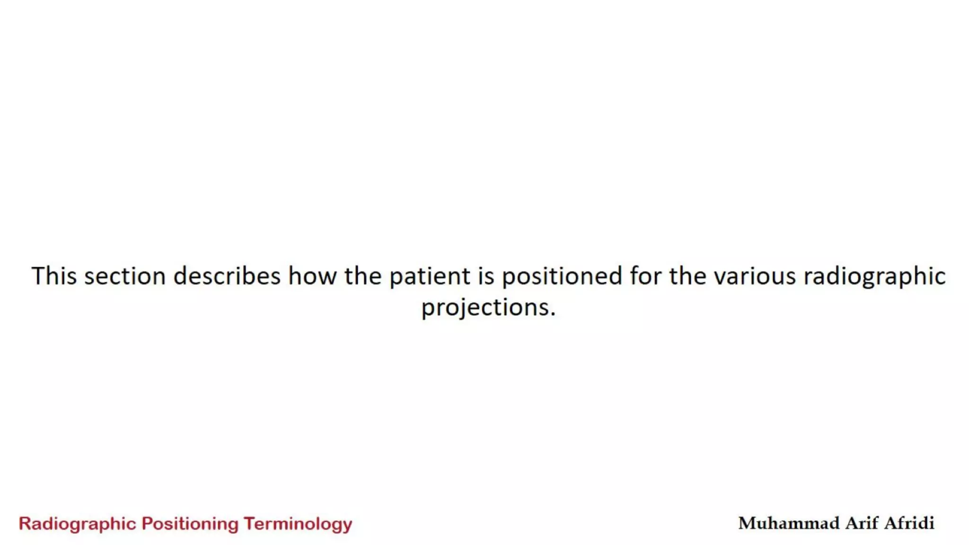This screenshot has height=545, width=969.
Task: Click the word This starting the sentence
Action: [53, 276]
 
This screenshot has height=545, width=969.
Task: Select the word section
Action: [125, 276]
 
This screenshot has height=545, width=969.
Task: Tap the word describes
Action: [227, 276]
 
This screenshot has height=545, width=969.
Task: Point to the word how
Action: [312, 276]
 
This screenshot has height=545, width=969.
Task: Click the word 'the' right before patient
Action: [362, 276]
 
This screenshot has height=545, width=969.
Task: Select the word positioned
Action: [562, 277]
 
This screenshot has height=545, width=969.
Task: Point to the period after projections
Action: [553, 315]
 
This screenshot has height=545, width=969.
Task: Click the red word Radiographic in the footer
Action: [77, 524]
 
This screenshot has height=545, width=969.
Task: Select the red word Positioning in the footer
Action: [190, 524]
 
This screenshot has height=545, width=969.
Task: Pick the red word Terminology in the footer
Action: [298, 524]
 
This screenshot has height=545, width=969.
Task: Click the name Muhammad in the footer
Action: [788, 523]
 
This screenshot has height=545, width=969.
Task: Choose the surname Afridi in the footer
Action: [909, 523]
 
